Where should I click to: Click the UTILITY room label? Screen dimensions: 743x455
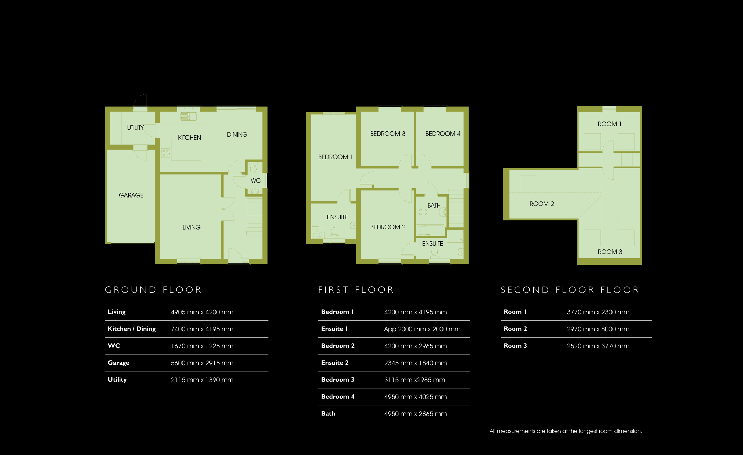coord(135,128)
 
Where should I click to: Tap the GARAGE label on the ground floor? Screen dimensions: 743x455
coord(131,195)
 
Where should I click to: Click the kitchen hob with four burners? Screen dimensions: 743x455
coord(165,153)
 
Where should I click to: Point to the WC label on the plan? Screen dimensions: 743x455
coord(256,181)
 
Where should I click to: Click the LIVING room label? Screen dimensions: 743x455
coord(191,227)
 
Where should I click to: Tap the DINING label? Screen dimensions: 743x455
coord(237,135)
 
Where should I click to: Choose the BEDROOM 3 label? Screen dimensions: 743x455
coord(388,134)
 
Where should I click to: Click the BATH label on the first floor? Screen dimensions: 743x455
coord(434,205)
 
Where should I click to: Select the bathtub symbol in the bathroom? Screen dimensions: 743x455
coord(430,231)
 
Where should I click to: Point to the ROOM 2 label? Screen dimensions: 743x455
coord(542,204)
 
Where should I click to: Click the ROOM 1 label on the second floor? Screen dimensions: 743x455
coord(609,124)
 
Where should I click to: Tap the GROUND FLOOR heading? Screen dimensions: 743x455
coord(153,290)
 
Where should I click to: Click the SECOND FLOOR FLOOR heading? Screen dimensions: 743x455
coord(570,290)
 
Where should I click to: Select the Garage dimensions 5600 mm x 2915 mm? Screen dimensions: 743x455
coord(202,363)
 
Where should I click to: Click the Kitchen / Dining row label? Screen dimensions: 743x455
coord(132,329)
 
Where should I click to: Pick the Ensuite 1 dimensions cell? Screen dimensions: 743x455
coord(422,329)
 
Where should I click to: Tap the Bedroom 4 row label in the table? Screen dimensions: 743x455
coord(338,397)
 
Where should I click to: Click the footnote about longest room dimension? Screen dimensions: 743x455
coord(566,431)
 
